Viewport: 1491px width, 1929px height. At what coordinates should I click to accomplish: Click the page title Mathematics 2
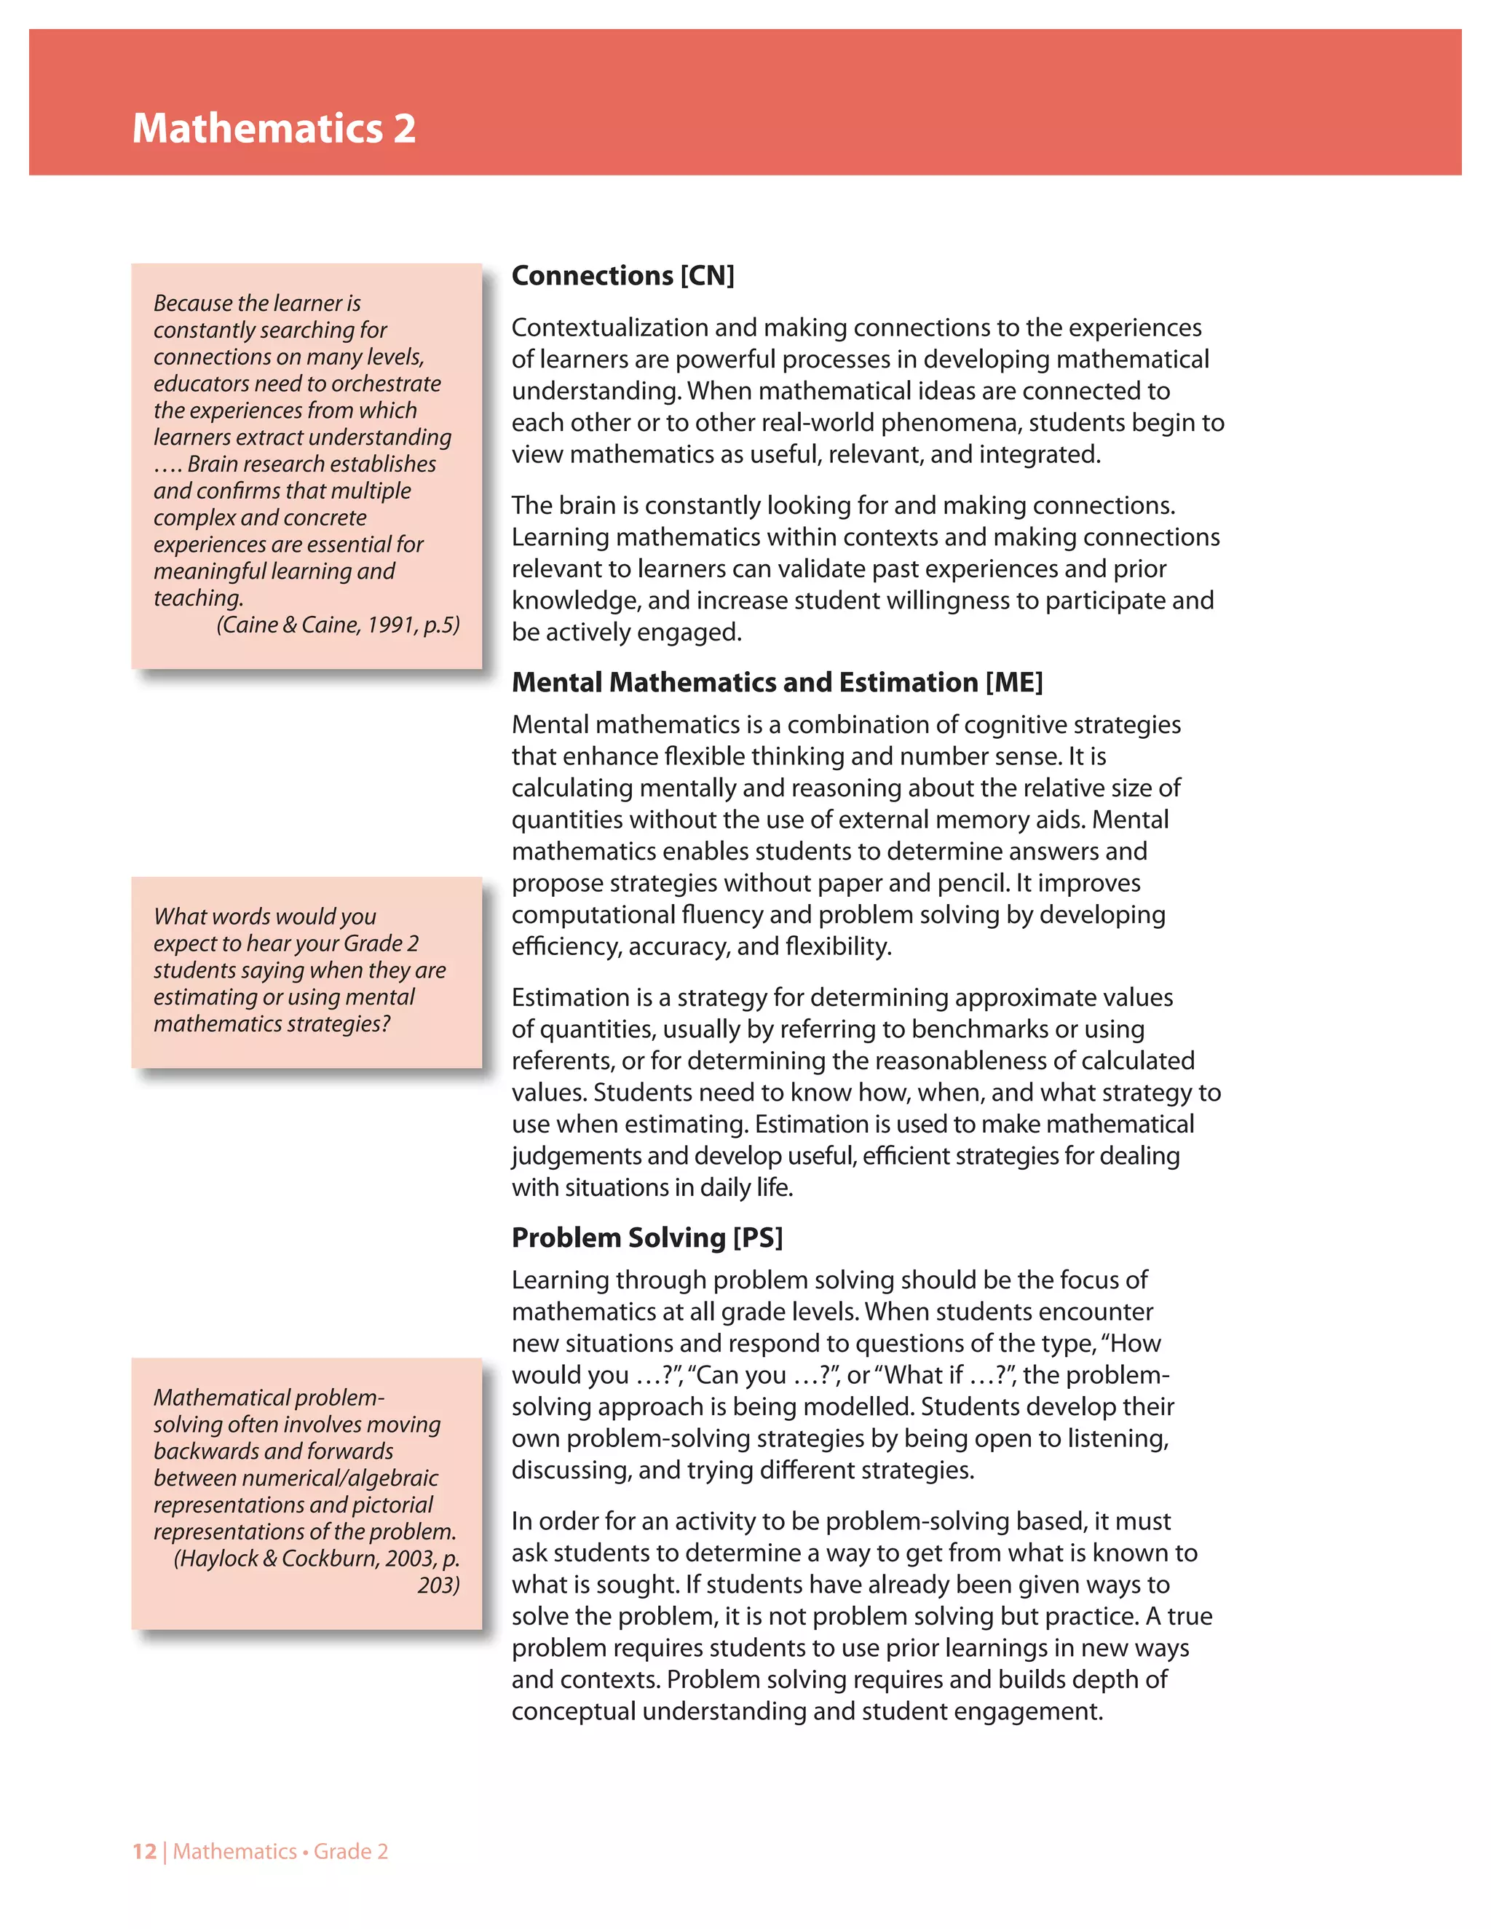[x=274, y=128]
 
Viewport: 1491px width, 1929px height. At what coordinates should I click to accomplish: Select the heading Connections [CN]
[x=622, y=276]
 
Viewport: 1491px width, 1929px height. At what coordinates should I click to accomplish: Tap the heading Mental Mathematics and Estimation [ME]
[x=778, y=682]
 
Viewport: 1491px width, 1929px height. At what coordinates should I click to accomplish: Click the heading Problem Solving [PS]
[x=646, y=1237]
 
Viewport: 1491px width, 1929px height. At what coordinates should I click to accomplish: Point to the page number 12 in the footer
[x=144, y=1851]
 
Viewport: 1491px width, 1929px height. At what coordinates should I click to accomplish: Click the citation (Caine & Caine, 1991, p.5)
[x=339, y=625]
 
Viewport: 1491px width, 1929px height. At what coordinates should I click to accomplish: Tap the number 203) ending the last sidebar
[x=438, y=1585]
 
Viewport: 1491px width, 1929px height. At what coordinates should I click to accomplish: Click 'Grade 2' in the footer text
[x=351, y=1851]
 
